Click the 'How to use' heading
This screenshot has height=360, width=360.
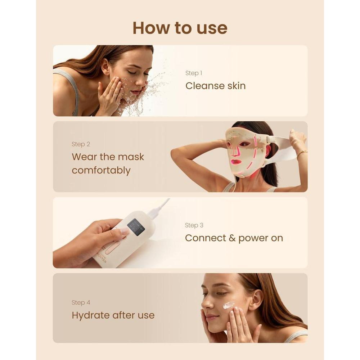(x=180, y=28)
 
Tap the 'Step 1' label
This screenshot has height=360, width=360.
(x=194, y=73)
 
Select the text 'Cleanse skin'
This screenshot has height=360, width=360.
(x=215, y=86)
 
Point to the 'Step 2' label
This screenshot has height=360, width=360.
(x=81, y=144)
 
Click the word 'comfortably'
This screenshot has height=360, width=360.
(x=101, y=171)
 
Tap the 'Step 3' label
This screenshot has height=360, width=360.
(x=194, y=225)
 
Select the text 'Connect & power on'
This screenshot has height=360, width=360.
(x=234, y=238)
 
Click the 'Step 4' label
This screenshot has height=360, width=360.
(x=81, y=303)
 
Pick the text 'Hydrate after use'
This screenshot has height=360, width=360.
(x=113, y=315)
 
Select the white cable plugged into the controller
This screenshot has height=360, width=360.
(x=158, y=208)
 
